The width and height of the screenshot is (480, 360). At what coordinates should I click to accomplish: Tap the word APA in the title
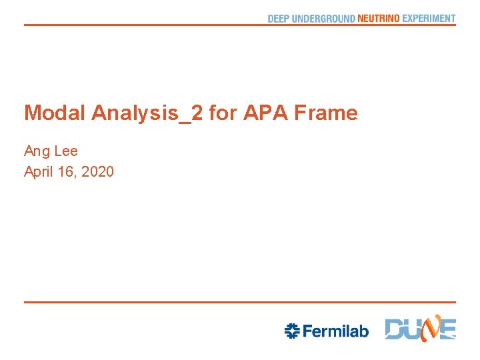[x=262, y=113]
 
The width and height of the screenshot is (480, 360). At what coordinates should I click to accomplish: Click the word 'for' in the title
[x=223, y=113]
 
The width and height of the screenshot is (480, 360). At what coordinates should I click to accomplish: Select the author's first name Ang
[x=36, y=152]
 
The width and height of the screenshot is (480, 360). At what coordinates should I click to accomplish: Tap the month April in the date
[x=39, y=172]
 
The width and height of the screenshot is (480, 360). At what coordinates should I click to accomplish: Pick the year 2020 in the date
[x=97, y=172]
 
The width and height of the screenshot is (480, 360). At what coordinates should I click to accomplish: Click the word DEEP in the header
[x=279, y=19]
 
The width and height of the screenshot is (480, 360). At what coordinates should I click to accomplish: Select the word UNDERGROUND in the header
[x=323, y=19]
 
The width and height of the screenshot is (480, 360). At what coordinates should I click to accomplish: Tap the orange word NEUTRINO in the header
[x=379, y=19]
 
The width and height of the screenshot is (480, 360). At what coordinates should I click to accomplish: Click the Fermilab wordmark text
[x=335, y=331]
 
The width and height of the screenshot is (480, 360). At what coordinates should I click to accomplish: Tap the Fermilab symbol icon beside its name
[x=291, y=331]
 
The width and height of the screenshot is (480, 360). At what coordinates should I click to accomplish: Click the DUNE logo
[x=421, y=329]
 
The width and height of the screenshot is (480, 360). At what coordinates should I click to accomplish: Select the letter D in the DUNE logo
[x=395, y=330]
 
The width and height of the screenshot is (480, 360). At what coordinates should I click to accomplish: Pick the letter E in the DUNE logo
[x=447, y=330]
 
